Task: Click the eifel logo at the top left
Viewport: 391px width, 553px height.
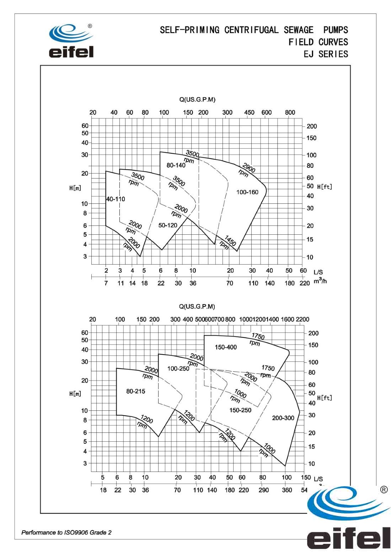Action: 71,41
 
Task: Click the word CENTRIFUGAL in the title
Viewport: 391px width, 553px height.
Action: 251,30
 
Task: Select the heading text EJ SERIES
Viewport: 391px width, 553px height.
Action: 326,54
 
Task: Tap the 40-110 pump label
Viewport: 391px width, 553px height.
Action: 116,199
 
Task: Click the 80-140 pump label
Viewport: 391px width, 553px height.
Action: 176,165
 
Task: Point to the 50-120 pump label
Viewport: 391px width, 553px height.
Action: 168,225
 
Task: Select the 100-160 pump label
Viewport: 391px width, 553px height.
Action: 247,192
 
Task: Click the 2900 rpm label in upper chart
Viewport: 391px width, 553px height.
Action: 246,170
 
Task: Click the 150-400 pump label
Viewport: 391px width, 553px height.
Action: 226,347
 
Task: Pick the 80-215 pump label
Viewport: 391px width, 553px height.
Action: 136,391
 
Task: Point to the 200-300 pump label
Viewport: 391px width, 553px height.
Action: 283,418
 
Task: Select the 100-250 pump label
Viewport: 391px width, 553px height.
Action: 178,369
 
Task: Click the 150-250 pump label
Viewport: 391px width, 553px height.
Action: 240,410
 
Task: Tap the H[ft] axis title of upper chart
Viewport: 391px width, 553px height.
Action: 325,187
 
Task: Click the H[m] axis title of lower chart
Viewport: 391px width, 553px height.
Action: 75,394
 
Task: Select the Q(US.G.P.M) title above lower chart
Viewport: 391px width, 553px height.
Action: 197,307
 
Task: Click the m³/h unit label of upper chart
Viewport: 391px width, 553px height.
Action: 320,281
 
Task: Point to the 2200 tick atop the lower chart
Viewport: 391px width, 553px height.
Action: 302,319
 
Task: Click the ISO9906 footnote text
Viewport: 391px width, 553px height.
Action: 66,532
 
